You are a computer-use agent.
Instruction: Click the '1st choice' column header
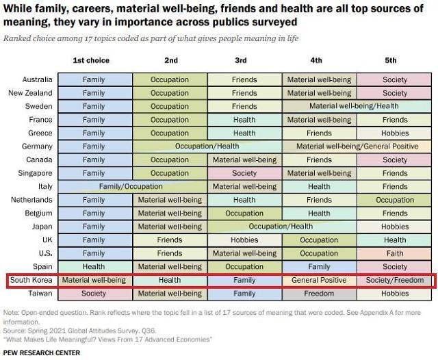click(x=91, y=60)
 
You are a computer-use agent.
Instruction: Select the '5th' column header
click(x=395, y=60)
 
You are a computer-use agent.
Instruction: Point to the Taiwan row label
click(x=38, y=294)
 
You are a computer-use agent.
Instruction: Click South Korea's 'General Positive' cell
click(x=319, y=281)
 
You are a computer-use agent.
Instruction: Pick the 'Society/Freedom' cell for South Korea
click(x=395, y=281)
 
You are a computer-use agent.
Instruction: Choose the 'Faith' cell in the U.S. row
click(x=395, y=253)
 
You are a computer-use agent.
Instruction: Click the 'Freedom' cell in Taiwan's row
click(x=319, y=294)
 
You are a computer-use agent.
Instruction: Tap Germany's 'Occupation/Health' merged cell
click(x=207, y=146)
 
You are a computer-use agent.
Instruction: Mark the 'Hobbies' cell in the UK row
click(x=244, y=240)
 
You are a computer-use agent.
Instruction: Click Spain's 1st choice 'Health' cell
click(x=94, y=267)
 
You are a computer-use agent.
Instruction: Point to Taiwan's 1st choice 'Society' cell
click(x=94, y=294)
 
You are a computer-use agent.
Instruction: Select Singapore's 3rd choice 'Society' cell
click(x=244, y=173)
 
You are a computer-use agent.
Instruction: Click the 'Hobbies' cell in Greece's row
click(x=395, y=133)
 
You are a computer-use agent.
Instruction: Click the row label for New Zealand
click(x=31, y=93)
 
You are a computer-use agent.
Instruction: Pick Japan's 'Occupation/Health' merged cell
click(x=281, y=227)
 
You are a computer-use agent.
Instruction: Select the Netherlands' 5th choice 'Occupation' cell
click(x=395, y=200)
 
